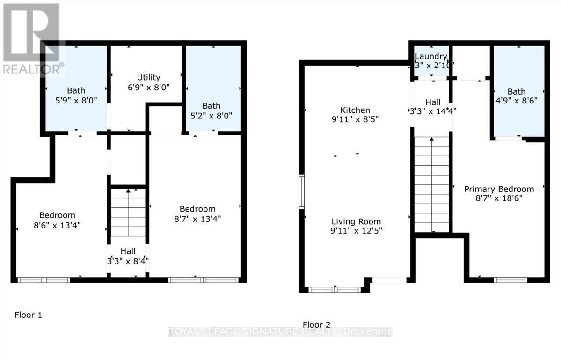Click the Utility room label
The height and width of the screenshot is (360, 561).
tap(148, 77)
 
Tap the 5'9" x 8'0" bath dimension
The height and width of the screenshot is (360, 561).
tap(76, 100)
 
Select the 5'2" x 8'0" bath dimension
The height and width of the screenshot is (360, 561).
tap(211, 115)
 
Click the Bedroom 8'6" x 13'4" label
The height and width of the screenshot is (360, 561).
tap(57, 215)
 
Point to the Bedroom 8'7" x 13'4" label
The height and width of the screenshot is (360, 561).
tap(197, 209)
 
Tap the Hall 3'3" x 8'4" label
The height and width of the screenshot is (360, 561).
tap(128, 252)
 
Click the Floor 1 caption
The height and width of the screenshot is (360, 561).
tap(28, 315)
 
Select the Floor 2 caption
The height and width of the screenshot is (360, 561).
tap(316, 324)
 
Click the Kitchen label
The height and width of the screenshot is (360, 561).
tap(355, 110)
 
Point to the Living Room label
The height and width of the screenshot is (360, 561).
tap(356, 221)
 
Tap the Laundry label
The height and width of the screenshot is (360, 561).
tap(431, 57)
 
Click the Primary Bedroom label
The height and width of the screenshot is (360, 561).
tap(499, 189)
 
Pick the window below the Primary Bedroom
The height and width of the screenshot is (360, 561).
tap(510, 280)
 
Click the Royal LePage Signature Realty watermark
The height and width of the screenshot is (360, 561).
tap(280, 332)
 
